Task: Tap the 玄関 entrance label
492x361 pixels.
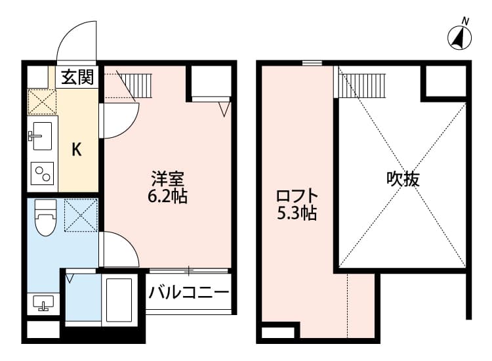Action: point(77,77)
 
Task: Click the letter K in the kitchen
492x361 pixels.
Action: point(77,150)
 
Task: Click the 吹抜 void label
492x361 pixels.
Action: point(402,179)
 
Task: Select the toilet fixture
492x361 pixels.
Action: point(45,217)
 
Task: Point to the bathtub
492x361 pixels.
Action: point(119,299)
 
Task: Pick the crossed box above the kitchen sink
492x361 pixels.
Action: point(42,102)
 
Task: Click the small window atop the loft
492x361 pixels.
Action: point(312,63)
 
